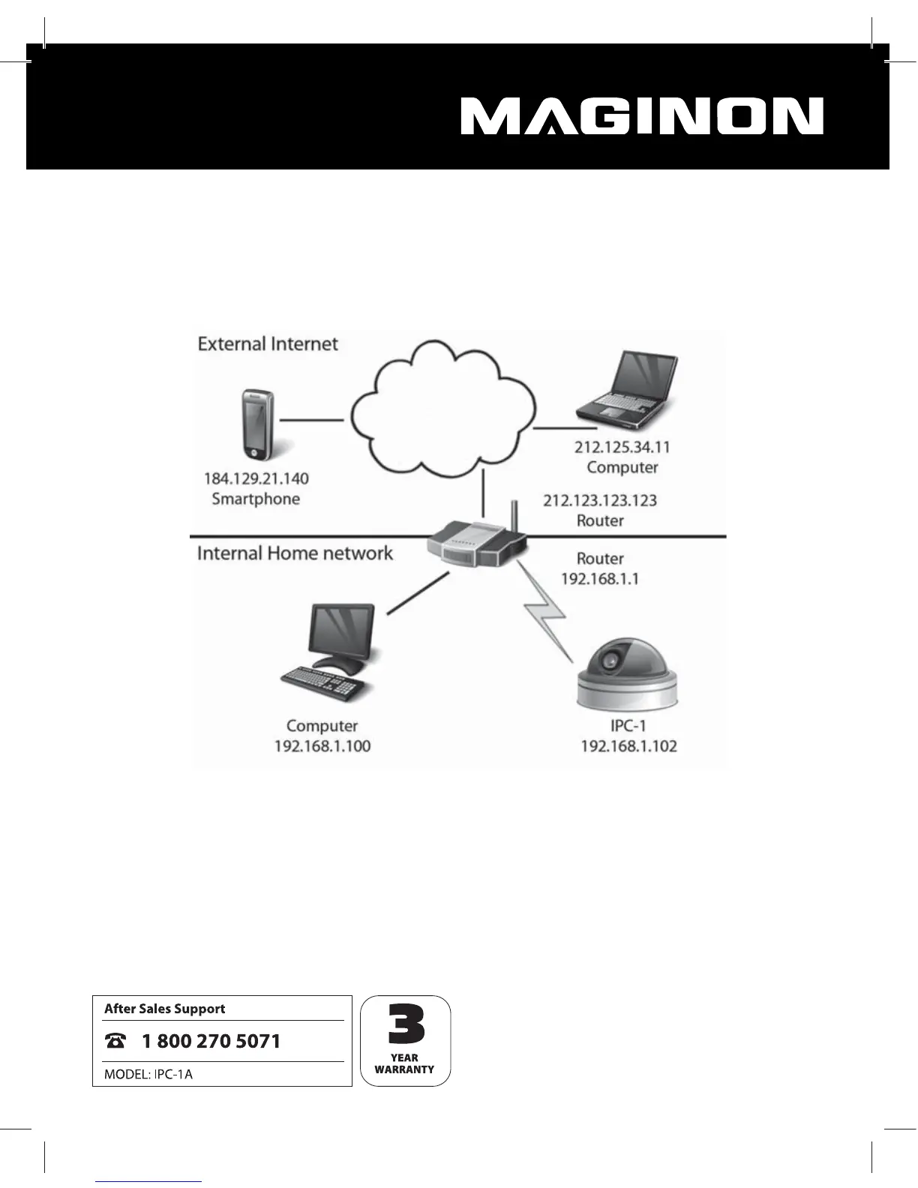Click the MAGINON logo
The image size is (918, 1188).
tap(642, 117)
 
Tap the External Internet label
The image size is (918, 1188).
tap(268, 344)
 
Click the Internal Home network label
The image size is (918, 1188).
tap(295, 553)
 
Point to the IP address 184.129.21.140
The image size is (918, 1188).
tap(256, 478)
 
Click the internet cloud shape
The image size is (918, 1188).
tap(442, 409)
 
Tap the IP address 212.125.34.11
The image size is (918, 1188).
tap(622, 447)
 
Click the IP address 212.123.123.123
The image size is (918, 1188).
tap(600, 500)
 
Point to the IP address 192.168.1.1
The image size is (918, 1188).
tap(600, 579)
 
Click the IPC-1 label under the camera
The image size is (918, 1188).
tap(628, 726)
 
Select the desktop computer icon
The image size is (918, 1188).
tap(330, 652)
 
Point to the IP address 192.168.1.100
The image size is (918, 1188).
tap(322, 746)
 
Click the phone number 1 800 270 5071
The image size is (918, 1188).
tap(211, 1041)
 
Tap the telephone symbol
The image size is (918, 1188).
tap(116, 1041)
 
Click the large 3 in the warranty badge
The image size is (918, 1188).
tap(406, 1024)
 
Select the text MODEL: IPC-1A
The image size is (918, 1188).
tap(148, 1074)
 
